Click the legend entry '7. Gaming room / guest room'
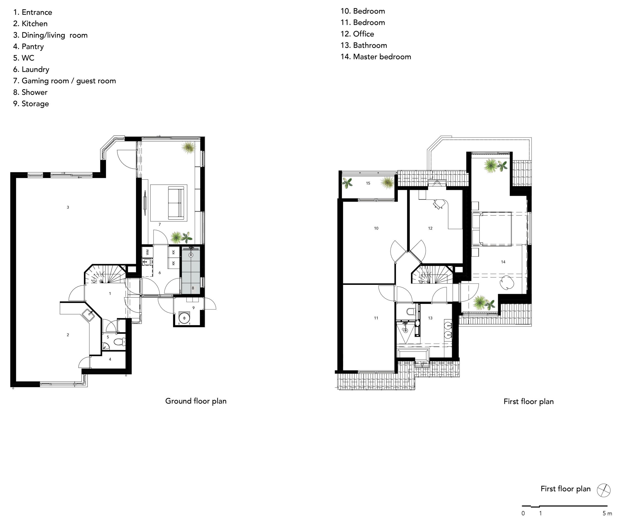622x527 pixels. click(x=65, y=81)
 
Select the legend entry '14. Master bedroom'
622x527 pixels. click(x=376, y=57)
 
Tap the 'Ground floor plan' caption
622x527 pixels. click(x=196, y=401)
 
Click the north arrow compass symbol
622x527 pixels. click(x=603, y=490)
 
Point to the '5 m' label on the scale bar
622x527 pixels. click(x=607, y=513)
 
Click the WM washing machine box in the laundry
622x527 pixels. click(x=147, y=252)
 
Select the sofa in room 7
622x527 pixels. click(x=176, y=203)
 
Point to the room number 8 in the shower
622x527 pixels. click(x=193, y=288)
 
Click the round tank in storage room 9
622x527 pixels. click(x=184, y=318)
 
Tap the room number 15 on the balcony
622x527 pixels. click(x=368, y=183)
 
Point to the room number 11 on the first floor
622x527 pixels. click(x=376, y=318)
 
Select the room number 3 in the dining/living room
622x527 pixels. click(x=68, y=207)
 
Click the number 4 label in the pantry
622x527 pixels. click(x=110, y=359)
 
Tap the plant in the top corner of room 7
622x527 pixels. click(x=189, y=147)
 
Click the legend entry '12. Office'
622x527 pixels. click(x=357, y=34)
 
